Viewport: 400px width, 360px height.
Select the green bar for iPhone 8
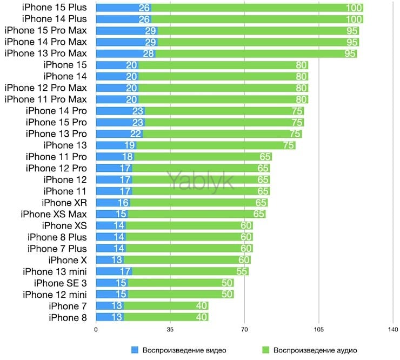[162, 317]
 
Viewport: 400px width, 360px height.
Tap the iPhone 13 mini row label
[55, 271]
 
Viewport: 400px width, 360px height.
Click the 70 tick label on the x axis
[244, 330]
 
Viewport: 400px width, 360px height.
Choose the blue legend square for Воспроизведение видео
[135, 350]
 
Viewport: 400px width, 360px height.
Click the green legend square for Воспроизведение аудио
[265, 350]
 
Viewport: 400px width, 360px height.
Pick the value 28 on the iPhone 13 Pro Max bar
[149, 54]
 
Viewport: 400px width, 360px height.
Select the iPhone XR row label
[64, 203]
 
